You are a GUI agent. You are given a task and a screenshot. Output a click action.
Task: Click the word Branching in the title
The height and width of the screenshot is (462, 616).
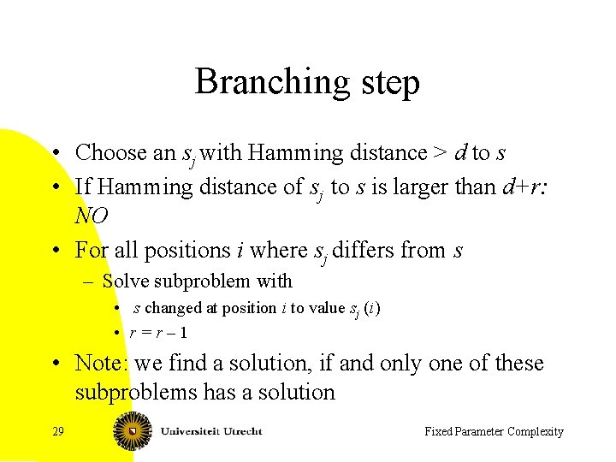click(x=268, y=82)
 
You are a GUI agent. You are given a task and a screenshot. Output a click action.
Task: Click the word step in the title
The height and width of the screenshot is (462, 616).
click(x=384, y=84)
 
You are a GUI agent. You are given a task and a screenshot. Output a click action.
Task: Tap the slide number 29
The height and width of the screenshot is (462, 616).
click(x=58, y=431)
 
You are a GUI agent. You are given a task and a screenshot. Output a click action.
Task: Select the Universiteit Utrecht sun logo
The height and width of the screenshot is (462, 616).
click(x=133, y=430)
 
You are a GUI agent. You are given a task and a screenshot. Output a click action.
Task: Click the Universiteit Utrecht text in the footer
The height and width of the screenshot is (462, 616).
click(x=210, y=431)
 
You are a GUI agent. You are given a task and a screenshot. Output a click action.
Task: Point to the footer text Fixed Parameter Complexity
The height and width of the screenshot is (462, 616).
click(x=494, y=431)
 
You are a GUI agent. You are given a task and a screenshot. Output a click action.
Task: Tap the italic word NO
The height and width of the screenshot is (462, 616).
click(x=92, y=216)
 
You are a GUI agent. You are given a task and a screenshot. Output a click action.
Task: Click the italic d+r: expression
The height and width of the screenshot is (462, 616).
click(x=524, y=187)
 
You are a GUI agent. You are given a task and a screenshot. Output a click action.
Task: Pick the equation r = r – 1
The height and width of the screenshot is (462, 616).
click(x=160, y=333)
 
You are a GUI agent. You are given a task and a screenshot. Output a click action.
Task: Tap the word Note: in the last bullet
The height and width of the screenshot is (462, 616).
click(x=103, y=363)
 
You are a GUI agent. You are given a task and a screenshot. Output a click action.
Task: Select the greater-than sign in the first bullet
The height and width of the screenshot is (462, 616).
click(x=439, y=153)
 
